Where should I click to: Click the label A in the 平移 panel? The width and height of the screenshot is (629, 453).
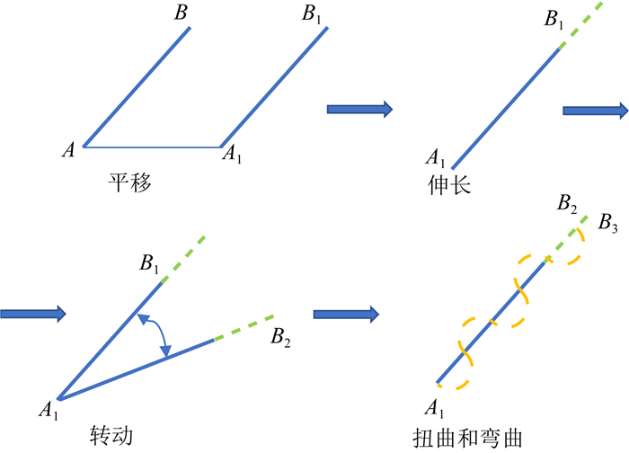tap(68, 151)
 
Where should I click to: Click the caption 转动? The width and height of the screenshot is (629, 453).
tap(111, 435)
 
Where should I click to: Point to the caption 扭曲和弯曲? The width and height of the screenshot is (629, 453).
tap(464, 436)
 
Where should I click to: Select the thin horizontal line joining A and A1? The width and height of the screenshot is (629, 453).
tap(153, 147)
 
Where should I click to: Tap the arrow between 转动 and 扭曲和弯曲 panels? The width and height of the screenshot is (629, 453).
tap(346, 315)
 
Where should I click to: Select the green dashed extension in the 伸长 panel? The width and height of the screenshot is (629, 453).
tap(579, 27)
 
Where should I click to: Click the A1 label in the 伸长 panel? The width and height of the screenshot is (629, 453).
tap(436, 159)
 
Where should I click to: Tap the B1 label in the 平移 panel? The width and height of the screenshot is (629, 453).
tap(314, 14)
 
